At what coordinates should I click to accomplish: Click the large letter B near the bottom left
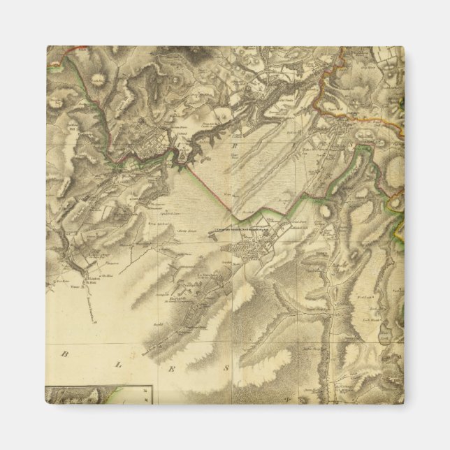tap(65, 354)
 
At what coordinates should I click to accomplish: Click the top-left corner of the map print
tap(47, 47)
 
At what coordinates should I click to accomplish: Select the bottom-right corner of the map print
tap(403, 403)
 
